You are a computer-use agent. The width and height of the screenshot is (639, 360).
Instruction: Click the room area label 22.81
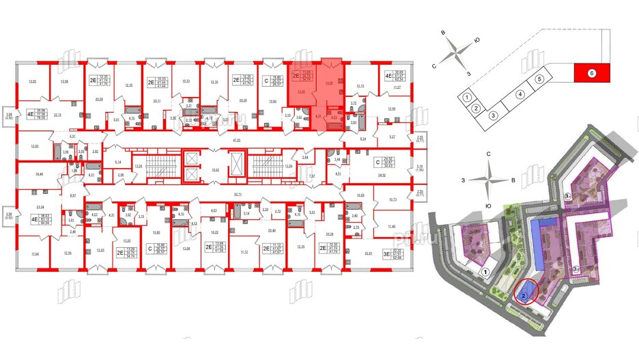pyautogui.click(x=369, y=253)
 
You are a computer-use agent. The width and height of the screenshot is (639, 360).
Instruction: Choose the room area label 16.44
pyautogui.click(x=38, y=175)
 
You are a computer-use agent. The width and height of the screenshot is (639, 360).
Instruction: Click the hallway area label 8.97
pyautogui.click(x=73, y=196)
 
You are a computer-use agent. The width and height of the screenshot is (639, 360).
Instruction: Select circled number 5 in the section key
pyautogui.click(x=539, y=79)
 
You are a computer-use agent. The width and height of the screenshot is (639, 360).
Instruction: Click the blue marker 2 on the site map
pyautogui.click(x=523, y=296)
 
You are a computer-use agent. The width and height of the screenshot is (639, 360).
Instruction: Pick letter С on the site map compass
pyautogui.click(x=489, y=154)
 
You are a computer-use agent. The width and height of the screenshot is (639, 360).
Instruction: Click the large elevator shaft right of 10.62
pyautogui.click(x=236, y=167)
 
